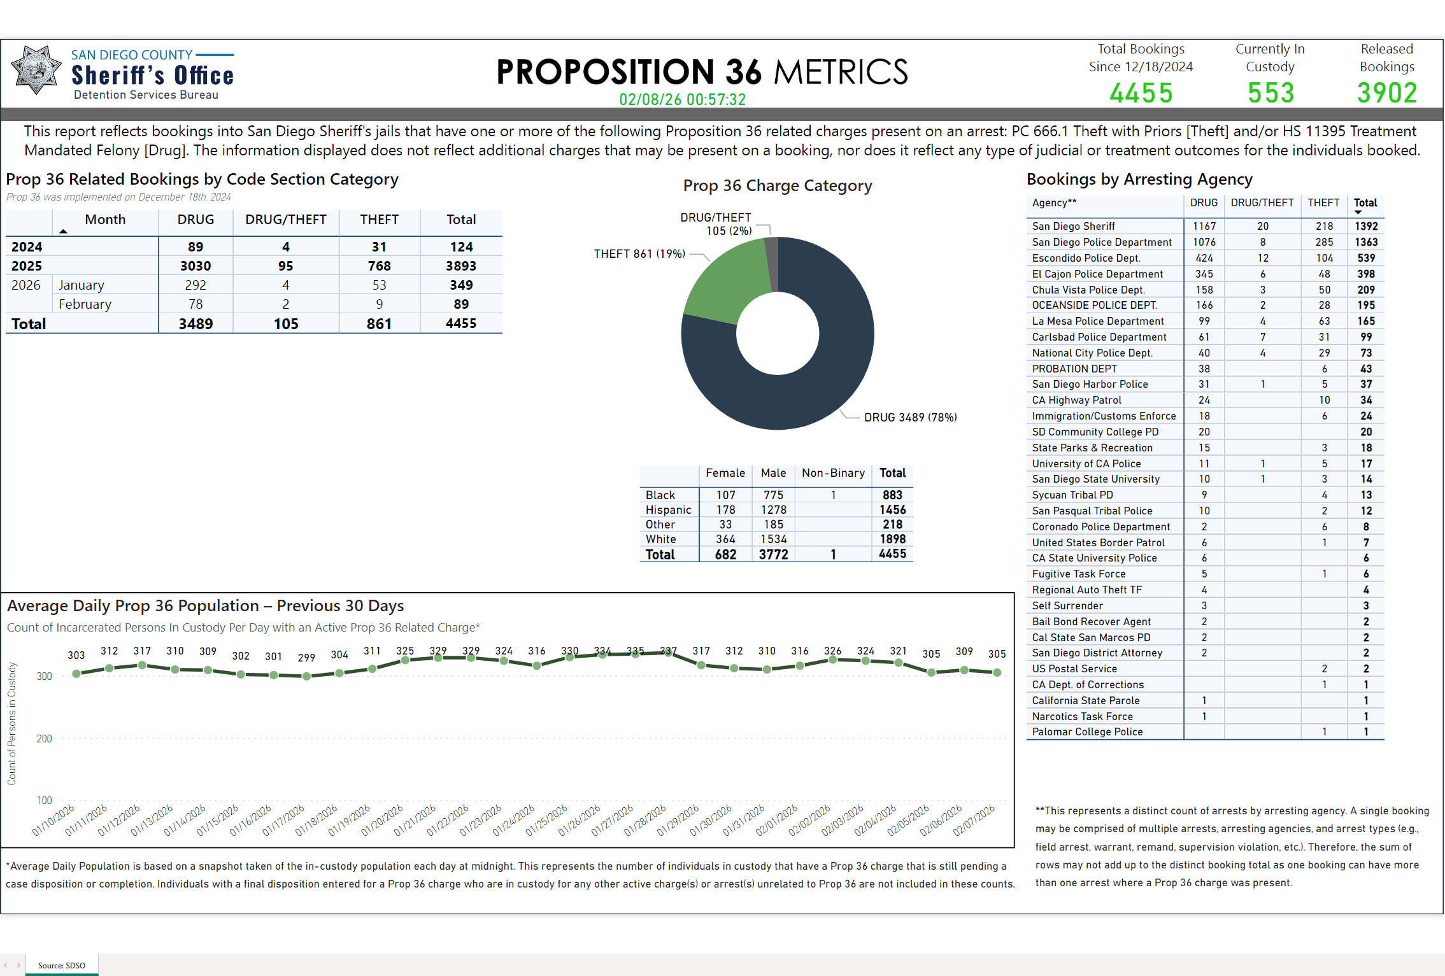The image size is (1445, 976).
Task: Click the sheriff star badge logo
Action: (x=36, y=70)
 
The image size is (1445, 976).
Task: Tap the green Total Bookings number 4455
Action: (x=1141, y=94)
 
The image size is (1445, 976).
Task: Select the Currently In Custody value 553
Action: (x=1271, y=94)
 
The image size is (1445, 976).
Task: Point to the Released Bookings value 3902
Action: (x=1386, y=94)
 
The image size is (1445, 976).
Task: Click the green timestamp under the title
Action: (x=682, y=100)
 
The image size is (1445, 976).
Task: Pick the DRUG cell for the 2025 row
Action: (x=196, y=266)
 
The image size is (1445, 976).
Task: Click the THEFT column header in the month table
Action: (x=379, y=220)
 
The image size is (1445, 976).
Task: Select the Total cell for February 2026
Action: (x=461, y=304)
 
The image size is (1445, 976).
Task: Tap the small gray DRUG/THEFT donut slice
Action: (x=771, y=261)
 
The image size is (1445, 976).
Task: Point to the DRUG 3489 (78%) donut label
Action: (x=910, y=418)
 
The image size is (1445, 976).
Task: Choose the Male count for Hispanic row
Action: (x=773, y=510)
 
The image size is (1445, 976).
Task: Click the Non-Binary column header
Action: (x=833, y=473)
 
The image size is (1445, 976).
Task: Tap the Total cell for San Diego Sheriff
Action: (x=1366, y=226)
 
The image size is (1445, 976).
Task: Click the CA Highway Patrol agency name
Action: (x=1076, y=400)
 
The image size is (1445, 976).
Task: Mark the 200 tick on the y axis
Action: (x=45, y=739)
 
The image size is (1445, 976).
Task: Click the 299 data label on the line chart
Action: (x=306, y=658)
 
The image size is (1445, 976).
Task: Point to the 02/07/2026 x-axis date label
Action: (x=974, y=820)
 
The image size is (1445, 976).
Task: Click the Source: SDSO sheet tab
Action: (x=61, y=965)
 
